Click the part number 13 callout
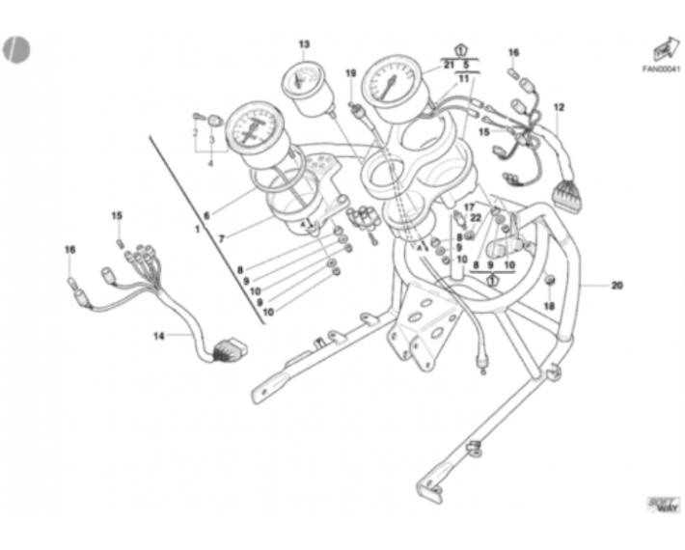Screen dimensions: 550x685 pos(304,44)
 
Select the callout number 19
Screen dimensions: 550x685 pos(351,73)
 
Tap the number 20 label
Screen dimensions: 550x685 pos(618,285)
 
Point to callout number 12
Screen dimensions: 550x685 pos(559,107)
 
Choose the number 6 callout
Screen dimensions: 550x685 pos(205,217)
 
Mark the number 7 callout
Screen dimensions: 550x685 pos(222,237)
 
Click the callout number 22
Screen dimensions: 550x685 pos(475,219)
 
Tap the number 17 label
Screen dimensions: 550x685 pos(470,207)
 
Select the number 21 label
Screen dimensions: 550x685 pos(449,64)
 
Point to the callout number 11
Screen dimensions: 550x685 pos(464,78)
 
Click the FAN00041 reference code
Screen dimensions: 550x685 pos(661,69)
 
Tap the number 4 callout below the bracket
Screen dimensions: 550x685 pos(210,163)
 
